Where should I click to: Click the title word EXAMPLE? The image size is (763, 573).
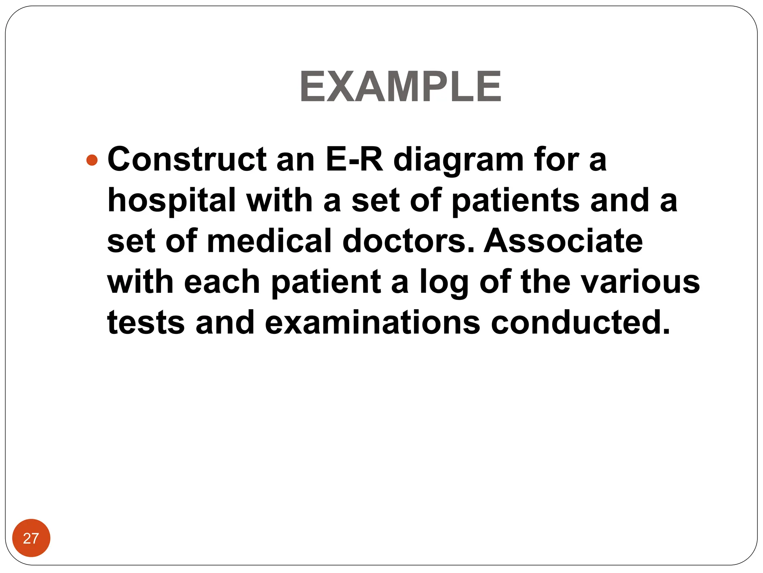point(401,87)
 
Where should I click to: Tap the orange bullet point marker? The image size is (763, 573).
point(92,160)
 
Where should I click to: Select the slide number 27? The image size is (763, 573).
point(31,538)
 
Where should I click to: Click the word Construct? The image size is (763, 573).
point(187,160)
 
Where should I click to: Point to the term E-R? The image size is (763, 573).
point(354,160)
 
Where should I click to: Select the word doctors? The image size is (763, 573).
point(408,241)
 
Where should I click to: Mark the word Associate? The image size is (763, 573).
point(563,241)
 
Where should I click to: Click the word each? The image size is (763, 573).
point(222,282)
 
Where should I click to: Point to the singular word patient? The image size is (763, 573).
point(326,282)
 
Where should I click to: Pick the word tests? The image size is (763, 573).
point(146,322)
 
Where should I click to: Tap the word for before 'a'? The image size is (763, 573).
point(557,160)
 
